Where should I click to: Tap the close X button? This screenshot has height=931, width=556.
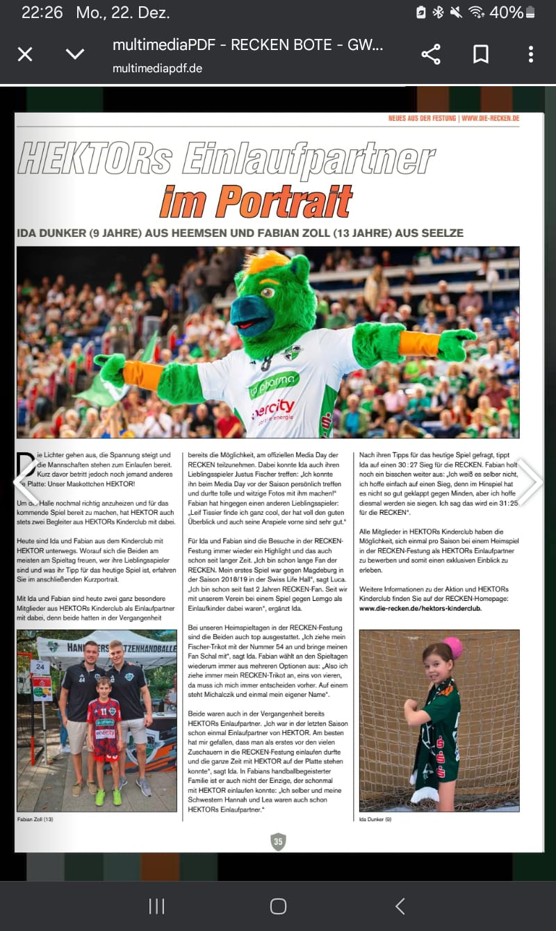25,54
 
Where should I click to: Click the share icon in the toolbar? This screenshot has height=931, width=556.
431,54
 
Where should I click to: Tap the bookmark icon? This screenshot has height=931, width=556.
481,54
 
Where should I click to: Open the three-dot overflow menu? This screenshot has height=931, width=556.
530,54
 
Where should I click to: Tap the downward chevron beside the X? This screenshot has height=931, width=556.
74,54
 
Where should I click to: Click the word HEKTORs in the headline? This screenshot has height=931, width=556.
96,158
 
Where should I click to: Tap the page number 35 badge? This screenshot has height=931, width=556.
278,841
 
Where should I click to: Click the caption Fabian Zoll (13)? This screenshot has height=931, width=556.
35,820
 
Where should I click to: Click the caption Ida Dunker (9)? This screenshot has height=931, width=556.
375,820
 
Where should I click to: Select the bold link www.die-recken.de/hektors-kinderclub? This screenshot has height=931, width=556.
420,608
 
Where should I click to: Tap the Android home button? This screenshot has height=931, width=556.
278,906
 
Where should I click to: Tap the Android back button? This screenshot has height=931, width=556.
400,906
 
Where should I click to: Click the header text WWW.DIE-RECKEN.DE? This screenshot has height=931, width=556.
490,119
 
